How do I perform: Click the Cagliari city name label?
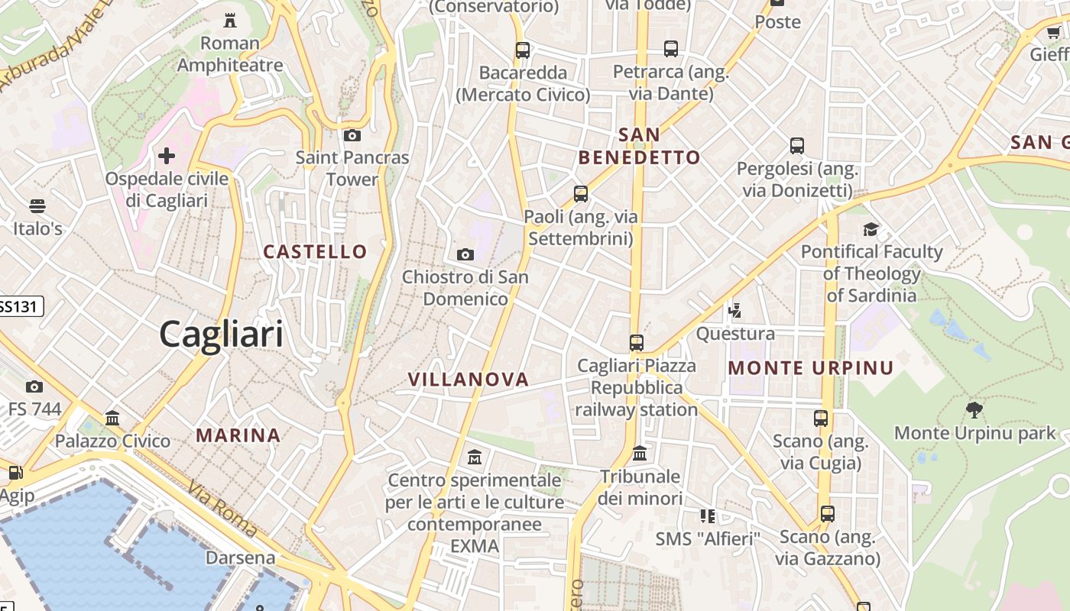221,335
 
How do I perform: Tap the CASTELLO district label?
315,251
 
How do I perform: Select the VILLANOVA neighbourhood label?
469,380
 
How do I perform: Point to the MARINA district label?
238,435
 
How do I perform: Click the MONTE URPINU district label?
810,368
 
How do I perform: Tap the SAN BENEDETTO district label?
639,147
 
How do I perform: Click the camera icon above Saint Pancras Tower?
352,136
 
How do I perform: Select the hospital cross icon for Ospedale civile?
166,157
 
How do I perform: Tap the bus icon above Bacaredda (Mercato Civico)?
523,50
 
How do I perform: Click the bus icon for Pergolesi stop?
797,146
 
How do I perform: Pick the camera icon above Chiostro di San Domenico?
465,254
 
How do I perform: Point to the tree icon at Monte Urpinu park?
974,410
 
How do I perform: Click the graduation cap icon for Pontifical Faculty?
871,229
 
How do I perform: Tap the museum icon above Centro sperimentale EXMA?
474,457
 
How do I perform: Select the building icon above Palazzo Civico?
113,418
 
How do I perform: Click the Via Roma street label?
222,508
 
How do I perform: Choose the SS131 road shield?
20,307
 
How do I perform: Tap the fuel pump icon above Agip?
15,473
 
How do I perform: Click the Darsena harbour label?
240,558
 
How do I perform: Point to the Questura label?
735,334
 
